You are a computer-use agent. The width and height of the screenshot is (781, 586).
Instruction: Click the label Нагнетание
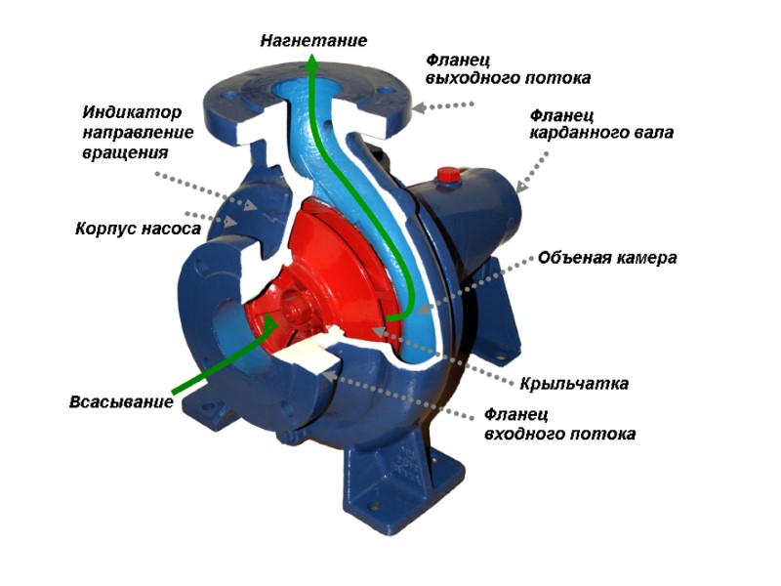[312, 41]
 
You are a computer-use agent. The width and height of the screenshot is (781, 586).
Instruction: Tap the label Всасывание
[121, 401]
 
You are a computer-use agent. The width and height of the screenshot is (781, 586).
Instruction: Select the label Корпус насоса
[138, 230]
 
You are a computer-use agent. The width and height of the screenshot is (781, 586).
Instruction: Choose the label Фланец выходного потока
[508, 67]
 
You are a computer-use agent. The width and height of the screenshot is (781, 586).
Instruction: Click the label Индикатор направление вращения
[138, 132]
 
